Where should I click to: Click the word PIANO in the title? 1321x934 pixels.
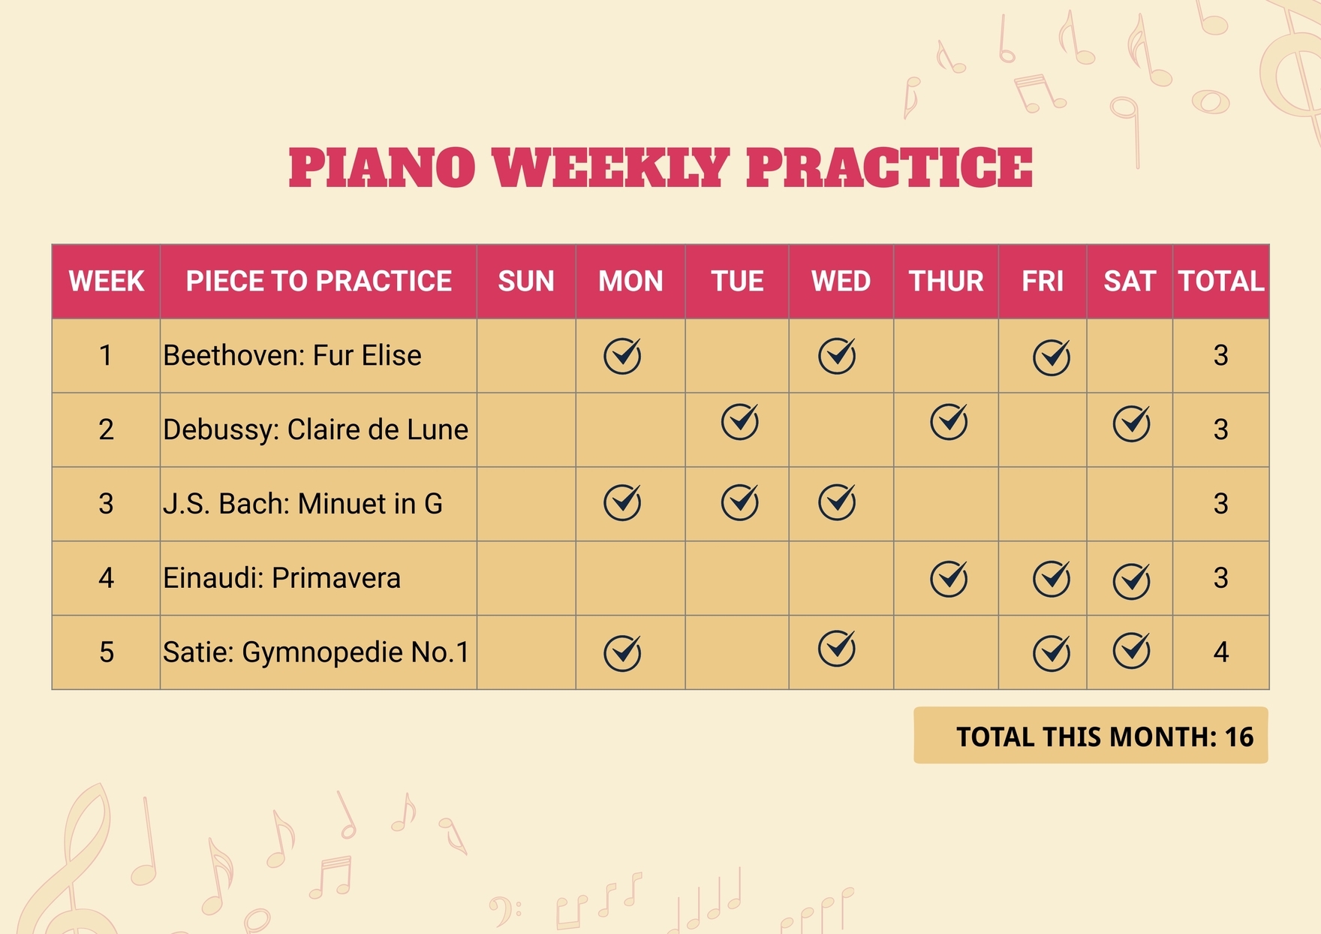(x=382, y=167)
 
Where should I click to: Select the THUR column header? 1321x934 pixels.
(x=946, y=282)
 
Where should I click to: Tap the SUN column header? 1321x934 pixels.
(x=526, y=282)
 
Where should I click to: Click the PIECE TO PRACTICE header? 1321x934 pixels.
(x=318, y=282)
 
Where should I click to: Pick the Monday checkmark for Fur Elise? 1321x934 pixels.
(x=622, y=356)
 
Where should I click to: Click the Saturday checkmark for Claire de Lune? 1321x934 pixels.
(x=1132, y=423)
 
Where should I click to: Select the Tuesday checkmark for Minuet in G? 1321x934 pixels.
(x=740, y=502)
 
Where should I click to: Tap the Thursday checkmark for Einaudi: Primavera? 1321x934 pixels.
(x=949, y=579)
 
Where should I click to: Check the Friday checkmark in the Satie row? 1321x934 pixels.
(x=1052, y=652)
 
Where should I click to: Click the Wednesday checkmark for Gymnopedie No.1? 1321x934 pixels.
(x=837, y=649)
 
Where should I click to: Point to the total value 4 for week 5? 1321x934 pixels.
(x=1221, y=652)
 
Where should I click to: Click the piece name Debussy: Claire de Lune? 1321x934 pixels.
(x=315, y=429)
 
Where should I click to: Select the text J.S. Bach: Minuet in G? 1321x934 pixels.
(x=302, y=504)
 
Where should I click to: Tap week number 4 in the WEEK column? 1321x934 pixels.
(x=106, y=578)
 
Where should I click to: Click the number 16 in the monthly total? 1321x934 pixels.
(x=1239, y=737)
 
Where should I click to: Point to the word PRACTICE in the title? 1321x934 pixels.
(x=889, y=167)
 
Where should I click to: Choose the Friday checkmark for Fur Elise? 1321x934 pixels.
(x=1052, y=357)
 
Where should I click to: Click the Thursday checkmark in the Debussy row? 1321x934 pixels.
(x=949, y=422)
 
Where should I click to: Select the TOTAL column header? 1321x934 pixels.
(x=1221, y=282)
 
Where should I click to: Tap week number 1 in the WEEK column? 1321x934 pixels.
(x=106, y=355)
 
